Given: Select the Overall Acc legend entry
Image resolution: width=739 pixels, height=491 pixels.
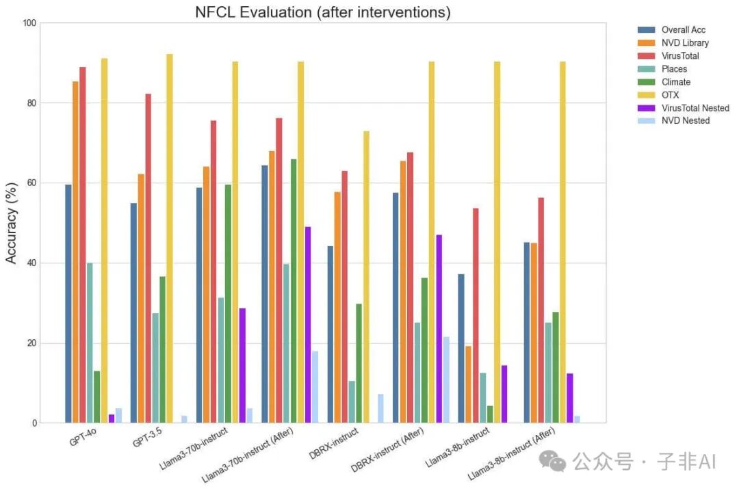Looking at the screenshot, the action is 672,29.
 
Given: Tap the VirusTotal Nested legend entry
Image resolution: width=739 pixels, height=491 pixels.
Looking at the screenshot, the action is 684,108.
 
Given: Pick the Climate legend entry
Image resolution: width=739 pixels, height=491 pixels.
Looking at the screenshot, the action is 664,82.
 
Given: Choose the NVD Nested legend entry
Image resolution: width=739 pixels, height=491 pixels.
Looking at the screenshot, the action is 673,120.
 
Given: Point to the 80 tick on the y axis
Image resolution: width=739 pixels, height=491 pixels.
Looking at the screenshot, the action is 31,103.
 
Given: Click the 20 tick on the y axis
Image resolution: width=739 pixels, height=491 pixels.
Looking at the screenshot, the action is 31,343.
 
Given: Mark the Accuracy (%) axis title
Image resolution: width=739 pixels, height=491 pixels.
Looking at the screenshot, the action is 11,223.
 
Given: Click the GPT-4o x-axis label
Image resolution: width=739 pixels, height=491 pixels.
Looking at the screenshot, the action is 83,437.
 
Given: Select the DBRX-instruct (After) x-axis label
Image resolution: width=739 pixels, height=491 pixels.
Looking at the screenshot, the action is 387,450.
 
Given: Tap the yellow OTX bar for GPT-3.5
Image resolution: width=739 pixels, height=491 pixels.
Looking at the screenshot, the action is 170,239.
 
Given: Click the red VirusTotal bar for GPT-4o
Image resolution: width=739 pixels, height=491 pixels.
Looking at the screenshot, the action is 83,245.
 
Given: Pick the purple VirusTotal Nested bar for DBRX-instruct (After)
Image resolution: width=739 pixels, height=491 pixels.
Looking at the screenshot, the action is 439,329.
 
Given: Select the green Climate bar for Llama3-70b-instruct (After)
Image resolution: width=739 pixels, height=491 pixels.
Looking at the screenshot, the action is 294,291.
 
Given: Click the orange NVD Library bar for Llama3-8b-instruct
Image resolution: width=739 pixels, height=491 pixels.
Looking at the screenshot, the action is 468,384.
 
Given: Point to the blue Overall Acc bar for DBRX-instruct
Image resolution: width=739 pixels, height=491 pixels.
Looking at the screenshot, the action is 330,334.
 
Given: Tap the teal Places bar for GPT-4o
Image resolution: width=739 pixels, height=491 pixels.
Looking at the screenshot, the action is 90,343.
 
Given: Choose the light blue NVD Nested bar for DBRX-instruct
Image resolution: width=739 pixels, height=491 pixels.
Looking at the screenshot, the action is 381,408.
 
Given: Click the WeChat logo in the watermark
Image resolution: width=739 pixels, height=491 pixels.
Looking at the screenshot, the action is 552,460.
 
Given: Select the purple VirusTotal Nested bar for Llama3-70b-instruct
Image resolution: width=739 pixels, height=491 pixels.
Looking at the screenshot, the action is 242,366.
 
